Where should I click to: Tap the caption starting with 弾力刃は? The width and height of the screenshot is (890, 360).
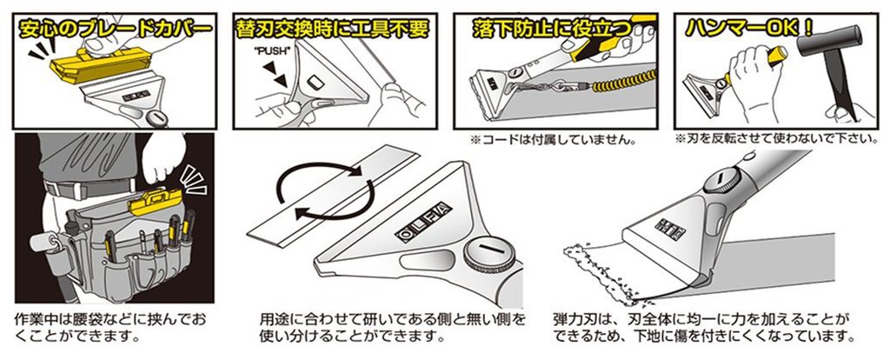click(x=703, y=327)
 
